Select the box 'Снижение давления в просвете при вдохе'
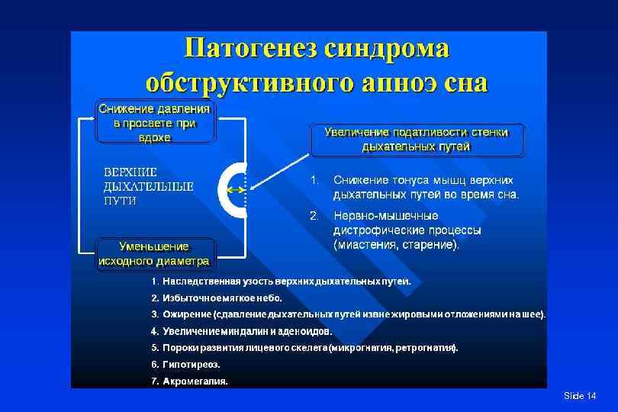(155, 122)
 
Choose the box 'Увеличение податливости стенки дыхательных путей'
(417, 140)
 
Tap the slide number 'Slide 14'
(579, 396)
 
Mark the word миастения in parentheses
(363, 245)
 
